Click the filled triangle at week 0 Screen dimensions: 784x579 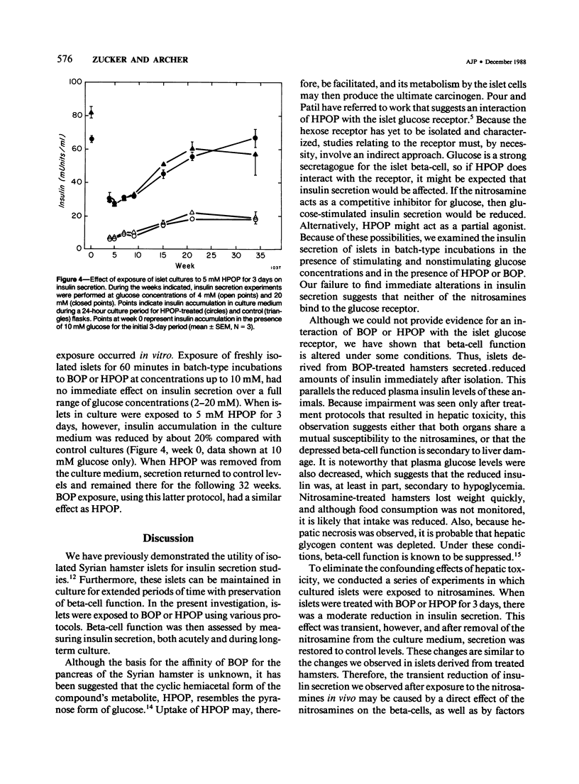click(91, 112)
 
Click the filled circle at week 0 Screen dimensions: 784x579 click(91, 138)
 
